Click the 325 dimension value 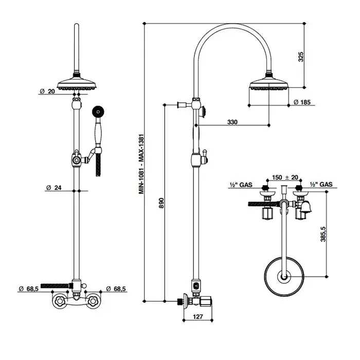point(301,57)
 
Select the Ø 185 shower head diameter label point(302,102)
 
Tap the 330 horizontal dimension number point(232,122)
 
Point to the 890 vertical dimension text point(161,203)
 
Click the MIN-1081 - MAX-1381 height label point(141,164)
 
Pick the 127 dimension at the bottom point(198,317)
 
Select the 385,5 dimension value point(323,234)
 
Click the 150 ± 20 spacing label point(285,177)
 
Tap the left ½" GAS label point(241,185)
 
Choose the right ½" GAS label point(321,184)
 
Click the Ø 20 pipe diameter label point(47,92)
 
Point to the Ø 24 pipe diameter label point(53,188)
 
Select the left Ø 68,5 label point(28,289)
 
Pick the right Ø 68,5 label point(116,289)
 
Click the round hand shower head point(98,112)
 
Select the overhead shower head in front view point(77,84)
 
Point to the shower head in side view point(269,84)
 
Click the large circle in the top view point(264,277)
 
